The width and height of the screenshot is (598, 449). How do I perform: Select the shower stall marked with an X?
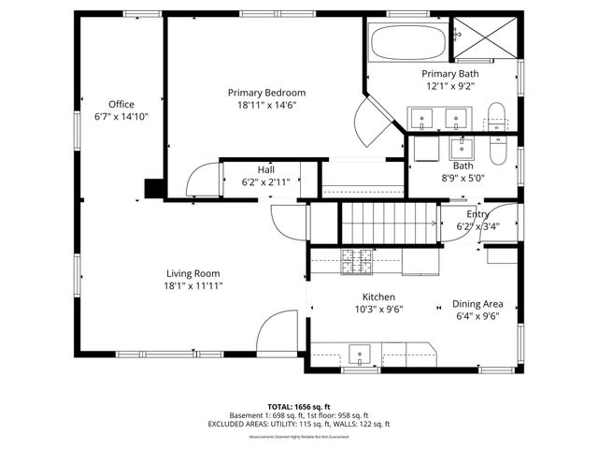point(486,37)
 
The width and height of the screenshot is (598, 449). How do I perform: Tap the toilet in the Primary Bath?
point(497,118)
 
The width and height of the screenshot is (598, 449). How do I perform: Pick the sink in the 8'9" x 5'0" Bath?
point(463,147)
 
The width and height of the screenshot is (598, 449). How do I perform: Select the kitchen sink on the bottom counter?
point(361,355)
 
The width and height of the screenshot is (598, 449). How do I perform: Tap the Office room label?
point(121,104)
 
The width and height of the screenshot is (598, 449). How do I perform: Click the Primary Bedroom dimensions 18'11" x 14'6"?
point(266,107)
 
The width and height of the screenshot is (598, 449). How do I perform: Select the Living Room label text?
point(193,272)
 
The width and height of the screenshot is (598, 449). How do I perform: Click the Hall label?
point(266,169)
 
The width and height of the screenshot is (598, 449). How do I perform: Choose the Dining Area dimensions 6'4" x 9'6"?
point(477,316)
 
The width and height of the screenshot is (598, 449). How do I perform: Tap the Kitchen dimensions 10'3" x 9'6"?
point(378,309)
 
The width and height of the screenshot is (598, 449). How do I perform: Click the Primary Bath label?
point(449,73)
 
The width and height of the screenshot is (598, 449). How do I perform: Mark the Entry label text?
point(477,214)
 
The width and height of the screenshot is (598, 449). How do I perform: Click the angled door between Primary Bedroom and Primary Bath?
point(378,123)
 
